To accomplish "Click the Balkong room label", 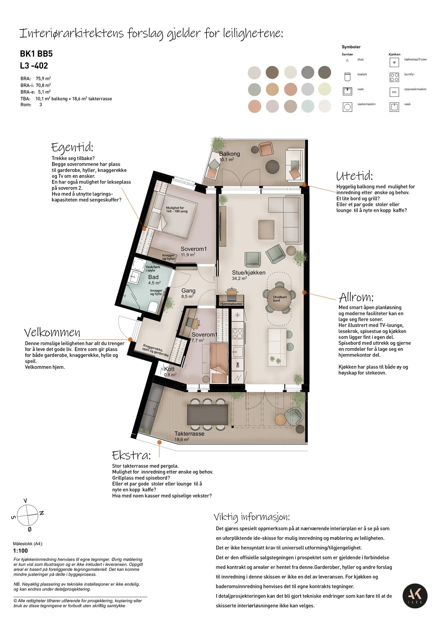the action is coord(229,154).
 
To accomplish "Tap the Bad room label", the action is coord(153,277).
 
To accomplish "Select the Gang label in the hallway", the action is coord(188,291).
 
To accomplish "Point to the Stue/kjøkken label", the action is coord(249,273).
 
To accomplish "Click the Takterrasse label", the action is coord(189,434).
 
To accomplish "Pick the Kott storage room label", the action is coord(169,369).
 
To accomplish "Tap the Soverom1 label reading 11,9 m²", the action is coord(193,249).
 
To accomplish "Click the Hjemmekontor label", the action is coord(231,304).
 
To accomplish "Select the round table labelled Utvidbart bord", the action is coord(280,299).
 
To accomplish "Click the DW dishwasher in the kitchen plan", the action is coord(237,365).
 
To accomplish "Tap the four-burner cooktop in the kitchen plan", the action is coord(237,334).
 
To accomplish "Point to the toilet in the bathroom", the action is coord(153,307).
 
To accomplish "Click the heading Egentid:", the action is coord(72,147).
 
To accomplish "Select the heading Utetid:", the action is coord(355,176).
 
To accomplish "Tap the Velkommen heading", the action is coord(52,333).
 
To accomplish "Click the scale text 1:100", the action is coord(20,551).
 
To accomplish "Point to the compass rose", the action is coord(28,515).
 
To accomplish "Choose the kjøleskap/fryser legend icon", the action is coord(394,62).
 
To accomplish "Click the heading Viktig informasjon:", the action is coord(252,517).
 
